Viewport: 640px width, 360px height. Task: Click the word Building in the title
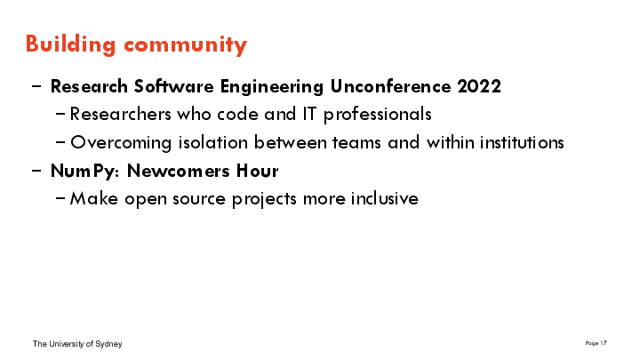70,44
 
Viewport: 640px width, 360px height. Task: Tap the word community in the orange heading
185,45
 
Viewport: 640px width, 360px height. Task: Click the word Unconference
390,86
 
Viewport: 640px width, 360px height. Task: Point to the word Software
174,86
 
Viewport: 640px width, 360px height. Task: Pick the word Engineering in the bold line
272,87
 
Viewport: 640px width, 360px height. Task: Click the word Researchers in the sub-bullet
120,114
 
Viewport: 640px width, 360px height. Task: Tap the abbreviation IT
309,114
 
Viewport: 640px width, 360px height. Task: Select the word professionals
378,115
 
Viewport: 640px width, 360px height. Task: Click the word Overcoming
121,143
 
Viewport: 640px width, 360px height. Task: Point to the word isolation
213,142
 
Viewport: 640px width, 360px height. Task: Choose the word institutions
522,142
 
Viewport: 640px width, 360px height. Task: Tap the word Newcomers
179,171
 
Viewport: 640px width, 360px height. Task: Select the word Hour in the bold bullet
257,171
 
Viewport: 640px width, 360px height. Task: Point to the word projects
265,200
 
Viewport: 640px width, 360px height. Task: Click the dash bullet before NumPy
36,171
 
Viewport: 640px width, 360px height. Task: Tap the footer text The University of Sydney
77,344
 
